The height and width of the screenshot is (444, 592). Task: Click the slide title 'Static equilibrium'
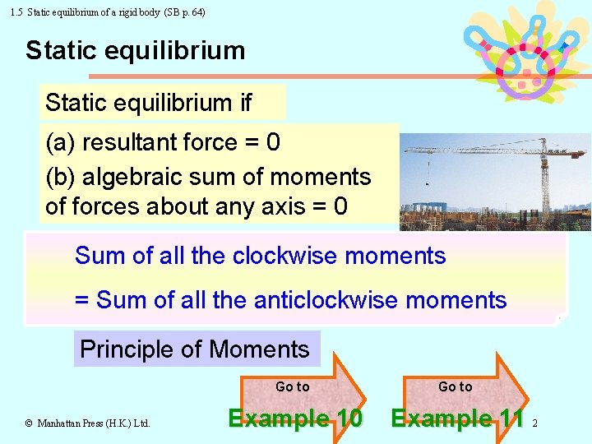tap(135, 51)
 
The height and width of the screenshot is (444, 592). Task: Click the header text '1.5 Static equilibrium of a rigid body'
tap(82, 12)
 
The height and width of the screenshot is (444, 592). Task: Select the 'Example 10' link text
tap(294, 419)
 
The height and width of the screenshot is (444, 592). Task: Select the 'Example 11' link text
tap(457, 419)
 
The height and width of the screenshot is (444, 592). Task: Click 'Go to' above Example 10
tap(292, 386)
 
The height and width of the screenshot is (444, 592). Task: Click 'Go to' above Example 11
tap(455, 386)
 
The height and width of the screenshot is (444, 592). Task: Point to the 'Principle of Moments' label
tap(195, 349)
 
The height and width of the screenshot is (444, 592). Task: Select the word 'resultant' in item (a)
tap(132, 143)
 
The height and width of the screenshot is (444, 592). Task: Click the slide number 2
tap(534, 423)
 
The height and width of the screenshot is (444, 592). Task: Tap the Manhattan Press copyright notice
tap(87, 423)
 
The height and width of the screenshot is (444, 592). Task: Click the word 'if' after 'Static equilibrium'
tap(245, 104)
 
